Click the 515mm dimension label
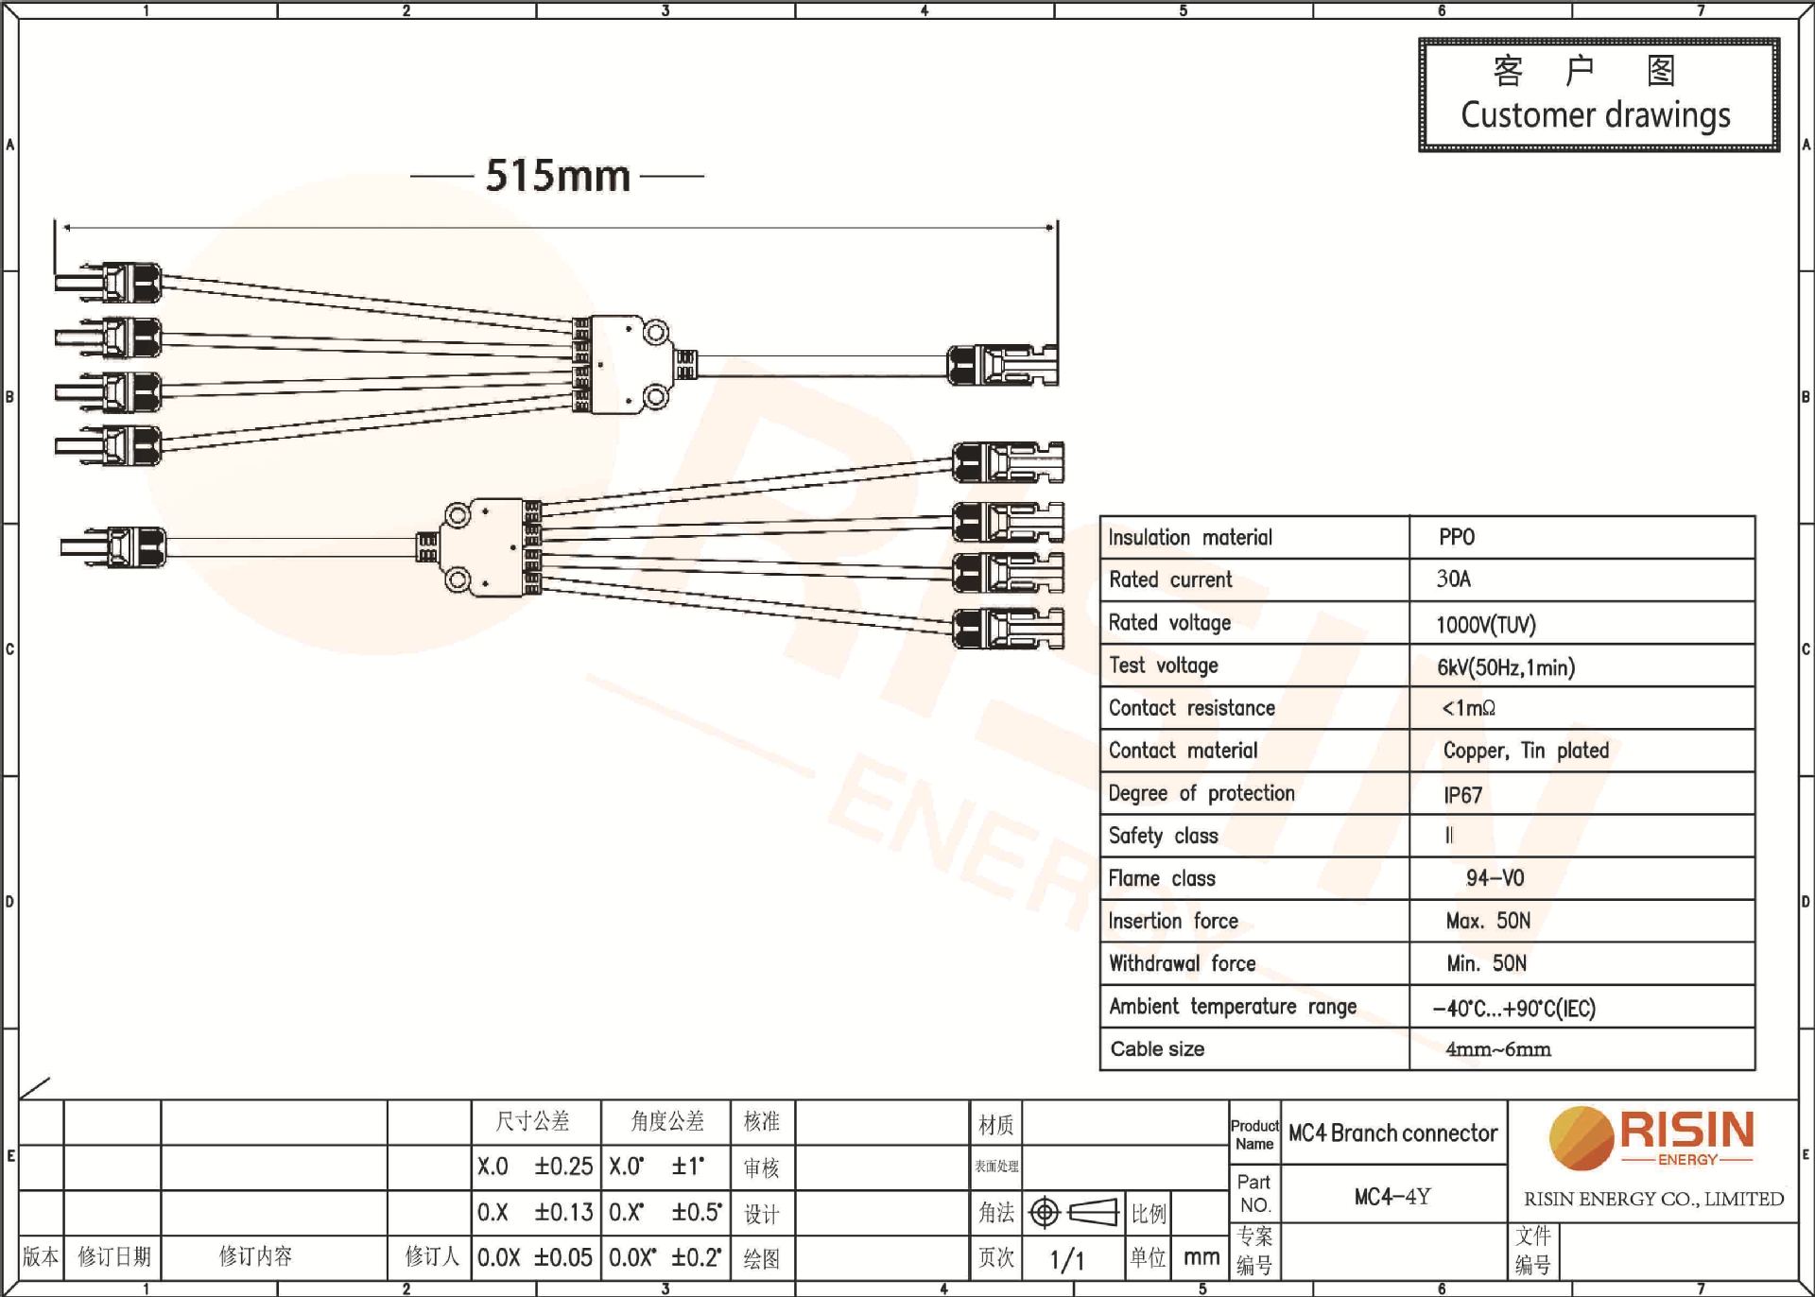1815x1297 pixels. coord(558,176)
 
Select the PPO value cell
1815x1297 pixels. coord(1456,537)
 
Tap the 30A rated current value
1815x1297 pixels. coord(1453,579)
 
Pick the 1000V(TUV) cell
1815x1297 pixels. coord(1485,624)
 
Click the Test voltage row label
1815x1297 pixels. coord(1163,666)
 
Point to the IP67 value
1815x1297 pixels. coord(1462,795)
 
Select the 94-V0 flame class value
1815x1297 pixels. coord(1495,878)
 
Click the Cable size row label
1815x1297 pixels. coord(1157,1049)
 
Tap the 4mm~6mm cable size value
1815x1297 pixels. coord(1497,1049)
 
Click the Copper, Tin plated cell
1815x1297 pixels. coord(1525,751)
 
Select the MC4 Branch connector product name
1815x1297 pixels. coord(1392,1133)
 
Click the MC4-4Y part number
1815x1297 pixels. coord(1391,1197)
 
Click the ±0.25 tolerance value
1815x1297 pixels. coord(563,1167)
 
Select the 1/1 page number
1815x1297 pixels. coord(1066,1259)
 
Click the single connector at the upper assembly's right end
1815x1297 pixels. coord(1002,365)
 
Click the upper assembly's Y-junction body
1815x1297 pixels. coord(624,364)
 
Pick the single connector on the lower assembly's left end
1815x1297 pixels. coord(113,547)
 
